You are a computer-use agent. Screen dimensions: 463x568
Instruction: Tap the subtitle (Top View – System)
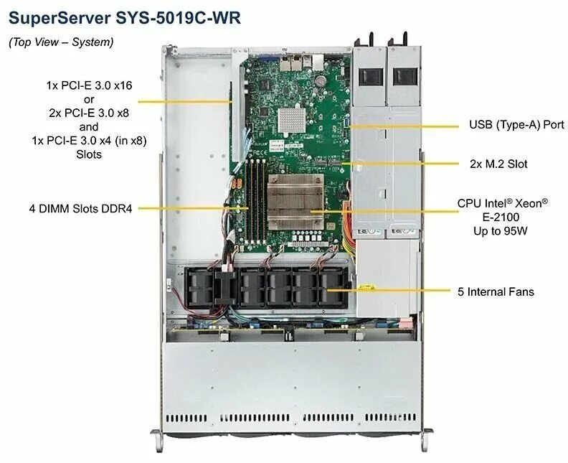61,42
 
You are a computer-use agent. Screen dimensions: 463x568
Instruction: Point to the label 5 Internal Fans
496,291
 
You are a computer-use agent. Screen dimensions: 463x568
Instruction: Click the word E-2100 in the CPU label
502,215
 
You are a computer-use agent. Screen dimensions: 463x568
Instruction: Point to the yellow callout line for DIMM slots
194,209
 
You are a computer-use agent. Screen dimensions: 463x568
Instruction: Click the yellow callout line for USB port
405,125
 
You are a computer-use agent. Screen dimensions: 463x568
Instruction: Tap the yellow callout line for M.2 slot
402,164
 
